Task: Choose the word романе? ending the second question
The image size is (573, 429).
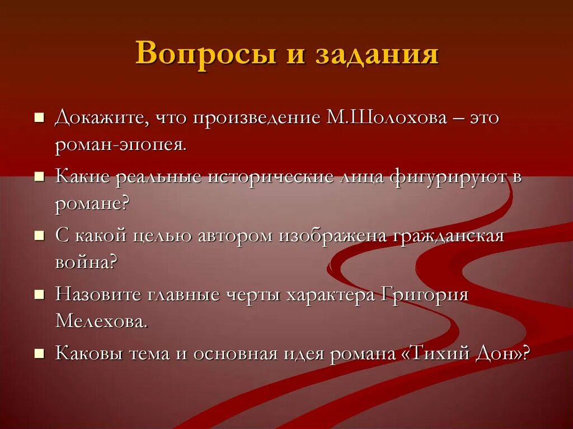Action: [92, 203]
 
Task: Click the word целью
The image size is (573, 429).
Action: [163, 235]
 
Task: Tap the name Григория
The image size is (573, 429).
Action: [425, 294]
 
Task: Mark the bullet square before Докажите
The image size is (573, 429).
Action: [39, 118]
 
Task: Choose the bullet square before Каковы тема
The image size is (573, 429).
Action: [39, 353]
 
